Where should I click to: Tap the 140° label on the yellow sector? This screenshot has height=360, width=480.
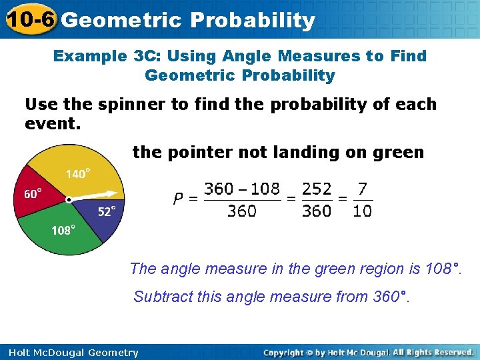pos(78,174)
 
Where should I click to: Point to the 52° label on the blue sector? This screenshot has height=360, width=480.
pos(107,211)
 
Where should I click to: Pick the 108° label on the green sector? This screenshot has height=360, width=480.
pos(63,230)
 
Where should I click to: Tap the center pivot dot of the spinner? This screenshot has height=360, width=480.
pos(69,199)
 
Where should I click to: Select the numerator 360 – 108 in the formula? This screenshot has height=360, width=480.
pos(241,189)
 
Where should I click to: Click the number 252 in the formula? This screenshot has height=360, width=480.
pos(317,189)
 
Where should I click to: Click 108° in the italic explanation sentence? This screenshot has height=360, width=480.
pos(443,269)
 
